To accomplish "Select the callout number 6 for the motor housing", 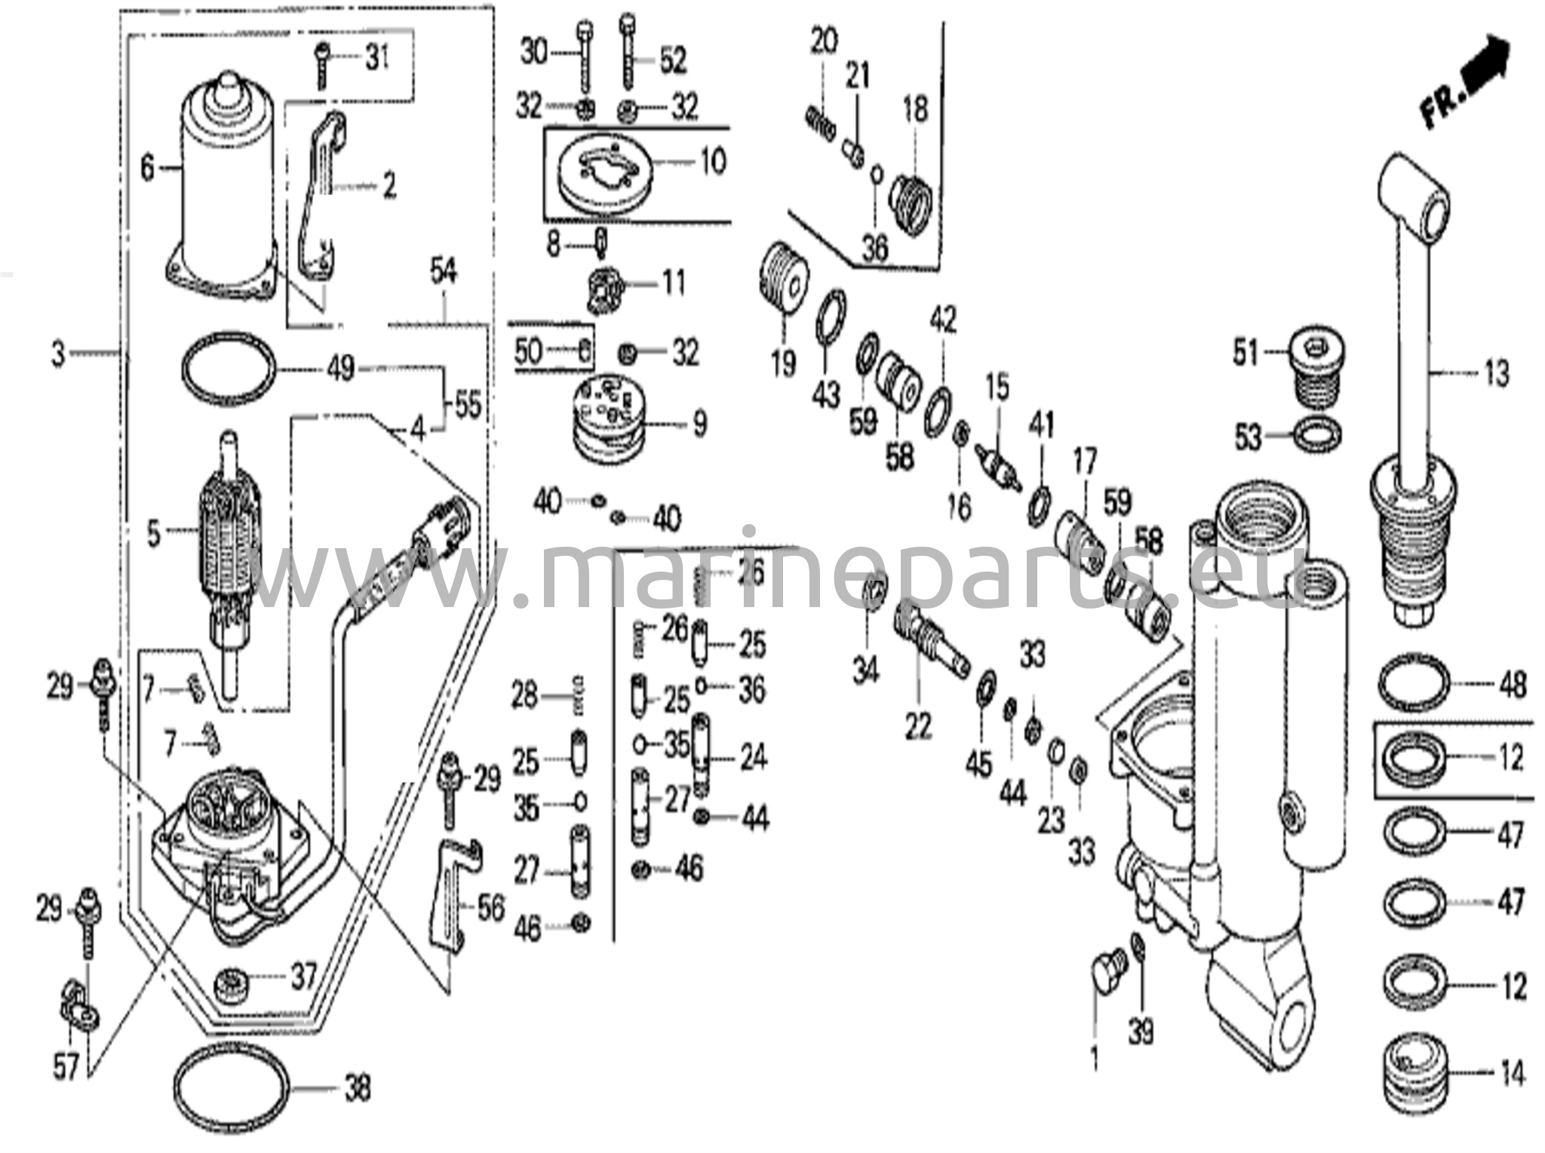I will [148, 167].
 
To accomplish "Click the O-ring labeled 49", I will [229, 369].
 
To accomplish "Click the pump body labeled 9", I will [612, 422].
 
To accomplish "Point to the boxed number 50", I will [528, 351].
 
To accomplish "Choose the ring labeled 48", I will [1414, 684].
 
